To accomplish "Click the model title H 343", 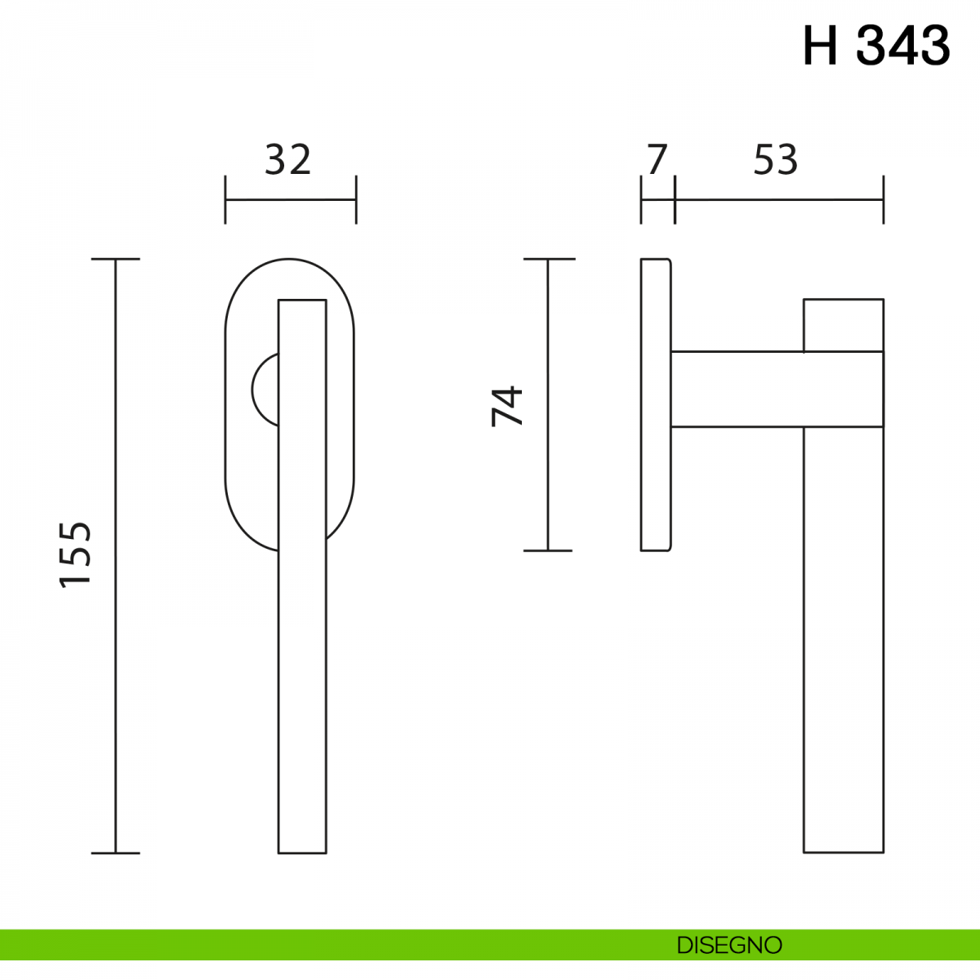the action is (x=876, y=46).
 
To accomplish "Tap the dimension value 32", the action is (x=287, y=160).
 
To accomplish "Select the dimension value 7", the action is (x=657, y=160).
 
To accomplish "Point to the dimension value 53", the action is (x=776, y=160).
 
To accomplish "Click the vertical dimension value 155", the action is (x=75, y=555).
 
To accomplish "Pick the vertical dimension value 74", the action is (x=507, y=407).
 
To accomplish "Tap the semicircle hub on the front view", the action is (x=254, y=390).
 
